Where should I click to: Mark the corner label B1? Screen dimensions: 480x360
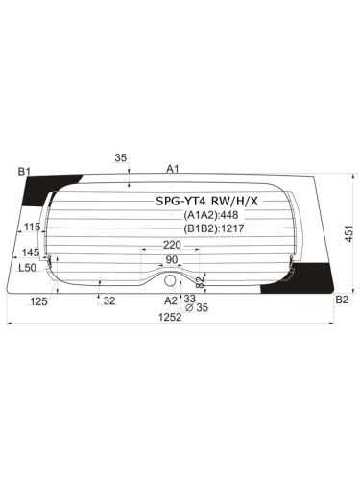click(x=24, y=172)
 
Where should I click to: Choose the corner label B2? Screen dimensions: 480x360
click(x=341, y=300)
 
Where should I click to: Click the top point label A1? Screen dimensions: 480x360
click(x=173, y=169)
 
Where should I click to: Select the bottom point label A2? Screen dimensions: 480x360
click(x=170, y=300)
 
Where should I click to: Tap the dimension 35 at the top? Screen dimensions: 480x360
click(x=120, y=158)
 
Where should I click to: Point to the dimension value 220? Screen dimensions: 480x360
click(x=172, y=246)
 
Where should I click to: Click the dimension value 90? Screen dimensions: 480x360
click(x=172, y=260)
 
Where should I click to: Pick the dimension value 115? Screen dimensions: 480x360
click(x=32, y=228)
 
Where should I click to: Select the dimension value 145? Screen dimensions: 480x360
click(x=30, y=252)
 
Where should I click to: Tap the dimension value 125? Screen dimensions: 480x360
click(x=39, y=301)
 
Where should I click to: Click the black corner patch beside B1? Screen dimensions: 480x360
click(x=62, y=180)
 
